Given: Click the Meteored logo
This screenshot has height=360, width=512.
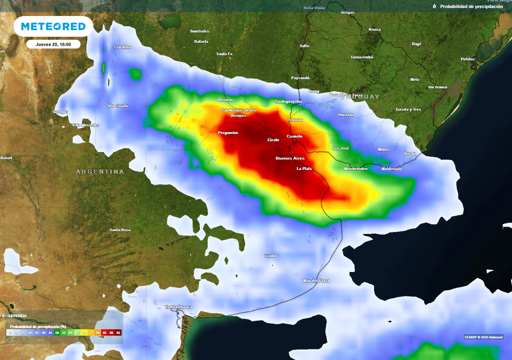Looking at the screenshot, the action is coord(53,26).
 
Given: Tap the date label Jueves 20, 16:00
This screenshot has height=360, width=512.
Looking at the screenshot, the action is coord(53,44).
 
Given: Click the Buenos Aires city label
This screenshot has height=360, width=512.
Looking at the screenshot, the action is coord(290,158).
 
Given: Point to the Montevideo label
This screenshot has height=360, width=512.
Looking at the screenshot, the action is coord(355,169).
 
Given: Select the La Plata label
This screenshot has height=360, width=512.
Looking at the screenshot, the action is coord(304,169).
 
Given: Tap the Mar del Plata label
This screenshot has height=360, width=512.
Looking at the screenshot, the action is coord(316,281).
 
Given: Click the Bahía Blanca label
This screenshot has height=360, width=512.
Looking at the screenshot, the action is coord(179,307).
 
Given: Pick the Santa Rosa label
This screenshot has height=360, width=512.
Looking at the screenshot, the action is coord(120,230).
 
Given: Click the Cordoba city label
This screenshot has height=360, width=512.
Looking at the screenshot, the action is coord(122,47).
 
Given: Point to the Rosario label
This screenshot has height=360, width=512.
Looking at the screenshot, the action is coord(225,100).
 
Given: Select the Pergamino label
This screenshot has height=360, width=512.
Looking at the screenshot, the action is coord(228,133).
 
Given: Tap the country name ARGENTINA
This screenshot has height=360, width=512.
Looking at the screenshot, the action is coord(100,172).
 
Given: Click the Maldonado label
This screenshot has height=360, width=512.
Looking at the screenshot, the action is coord(391,169).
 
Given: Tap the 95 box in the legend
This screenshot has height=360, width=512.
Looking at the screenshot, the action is coord(118,332).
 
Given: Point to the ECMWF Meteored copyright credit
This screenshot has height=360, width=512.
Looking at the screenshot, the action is coord(483,336).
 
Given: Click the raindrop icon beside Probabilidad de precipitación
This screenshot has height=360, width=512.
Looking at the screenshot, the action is coord(434,6).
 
